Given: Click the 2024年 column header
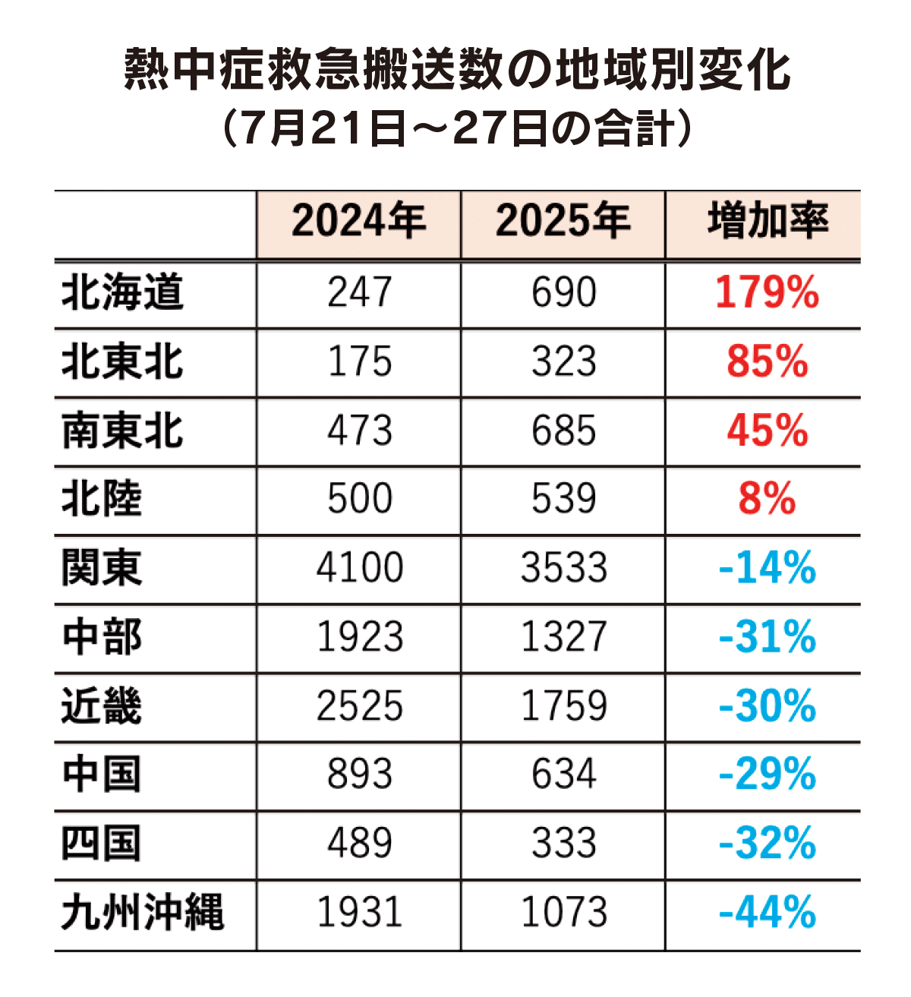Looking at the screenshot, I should (358, 222).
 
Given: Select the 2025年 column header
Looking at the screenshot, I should (563, 222).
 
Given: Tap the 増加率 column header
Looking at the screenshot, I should (767, 222).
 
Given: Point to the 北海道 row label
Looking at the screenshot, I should (122, 293).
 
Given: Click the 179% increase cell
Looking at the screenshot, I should (767, 293).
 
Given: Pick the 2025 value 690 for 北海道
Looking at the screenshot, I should (563, 293).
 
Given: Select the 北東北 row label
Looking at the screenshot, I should (122, 362).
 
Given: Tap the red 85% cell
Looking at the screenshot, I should (767, 362).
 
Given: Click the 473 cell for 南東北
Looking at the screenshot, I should (359, 431).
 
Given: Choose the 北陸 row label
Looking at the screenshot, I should (102, 500).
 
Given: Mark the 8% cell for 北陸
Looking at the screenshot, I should (767, 500).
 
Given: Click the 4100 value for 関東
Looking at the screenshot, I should (359, 569).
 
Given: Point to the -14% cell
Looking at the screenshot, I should (767, 569).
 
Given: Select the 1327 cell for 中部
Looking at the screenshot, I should (563, 638).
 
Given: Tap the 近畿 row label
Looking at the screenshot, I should (102, 706).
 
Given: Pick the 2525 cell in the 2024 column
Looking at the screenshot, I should (359, 706).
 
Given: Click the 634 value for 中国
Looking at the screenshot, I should (563, 775).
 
